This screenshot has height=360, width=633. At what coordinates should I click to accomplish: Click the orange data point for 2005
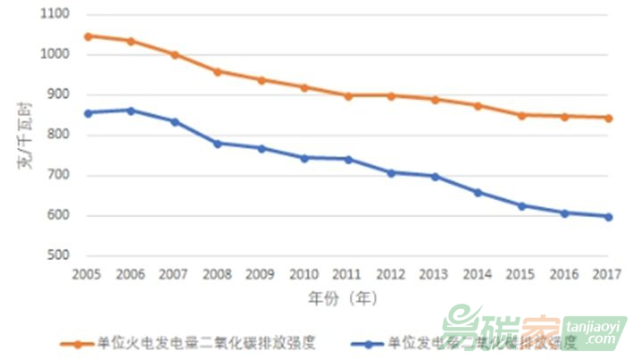point(87,37)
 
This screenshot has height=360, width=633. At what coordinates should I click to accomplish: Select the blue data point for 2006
point(131,111)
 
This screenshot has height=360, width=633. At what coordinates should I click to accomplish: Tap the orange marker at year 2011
point(348,96)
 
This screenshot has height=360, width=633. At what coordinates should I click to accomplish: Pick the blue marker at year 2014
point(479,192)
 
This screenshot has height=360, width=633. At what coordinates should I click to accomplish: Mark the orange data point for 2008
point(218,71)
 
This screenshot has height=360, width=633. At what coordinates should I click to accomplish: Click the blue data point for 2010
point(304,158)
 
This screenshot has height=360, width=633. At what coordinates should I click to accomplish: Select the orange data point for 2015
point(522,115)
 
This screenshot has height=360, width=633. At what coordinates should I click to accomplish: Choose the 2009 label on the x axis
point(261,273)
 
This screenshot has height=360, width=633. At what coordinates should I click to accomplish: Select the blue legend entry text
point(482,341)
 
